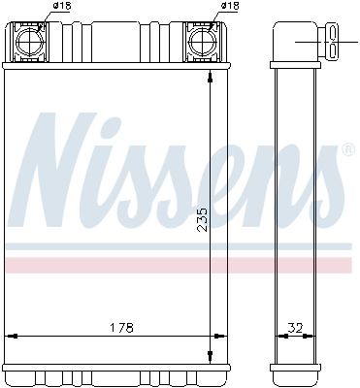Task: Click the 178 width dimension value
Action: click(x=122, y=328)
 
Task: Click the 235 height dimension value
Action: click(x=203, y=219)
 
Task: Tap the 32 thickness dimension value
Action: click(x=295, y=328)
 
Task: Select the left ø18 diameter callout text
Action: click(x=62, y=6)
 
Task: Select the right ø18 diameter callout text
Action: click(x=230, y=6)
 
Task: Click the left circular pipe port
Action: click(x=29, y=42)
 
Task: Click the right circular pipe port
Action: click(x=202, y=42)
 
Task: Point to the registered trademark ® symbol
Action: click(x=348, y=150)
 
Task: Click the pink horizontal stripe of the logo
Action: click(x=179, y=265)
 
